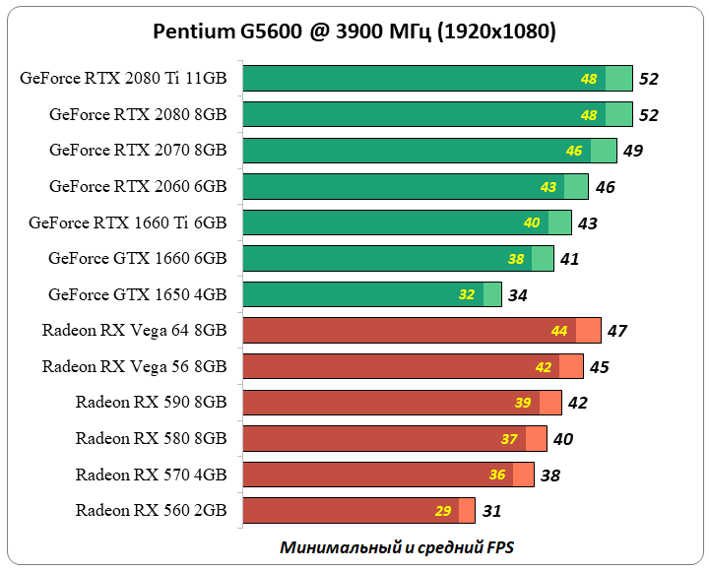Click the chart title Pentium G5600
pyautogui.click(x=354, y=32)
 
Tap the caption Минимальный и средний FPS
pyautogui.click(x=397, y=546)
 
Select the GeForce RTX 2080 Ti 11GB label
pyautogui.click(x=123, y=79)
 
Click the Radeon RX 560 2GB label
pyautogui.click(x=151, y=510)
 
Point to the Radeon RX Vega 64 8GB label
pyautogui.click(x=134, y=330)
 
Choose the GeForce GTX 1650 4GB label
pyautogui.click(x=137, y=294)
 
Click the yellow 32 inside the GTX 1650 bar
pyautogui.click(x=467, y=294)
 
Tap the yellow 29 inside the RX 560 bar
pyautogui.click(x=443, y=511)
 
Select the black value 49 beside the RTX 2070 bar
pyautogui.click(x=633, y=151)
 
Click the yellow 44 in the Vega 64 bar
pyautogui.click(x=559, y=331)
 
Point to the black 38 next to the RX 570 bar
pyautogui.click(x=550, y=476)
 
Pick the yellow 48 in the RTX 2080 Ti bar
pyautogui.click(x=589, y=79)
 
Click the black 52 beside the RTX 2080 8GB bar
pyautogui.click(x=649, y=115)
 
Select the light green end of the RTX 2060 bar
pyautogui.click(x=576, y=186)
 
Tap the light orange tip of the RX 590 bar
pyautogui.click(x=550, y=403)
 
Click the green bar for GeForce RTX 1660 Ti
pyautogui.click(x=394, y=222)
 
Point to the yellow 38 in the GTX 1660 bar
pyautogui.click(x=516, y=259)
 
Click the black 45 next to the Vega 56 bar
pyautogui.click(x=599, y=367)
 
